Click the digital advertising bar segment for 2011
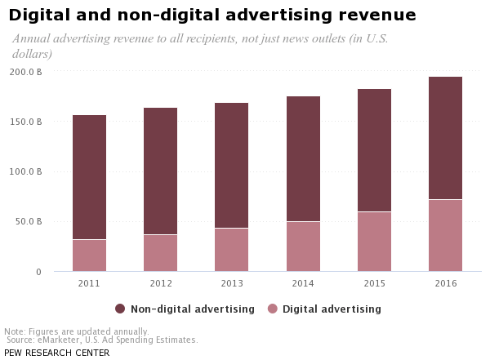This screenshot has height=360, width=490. pyautogui.click(x=89, y=256)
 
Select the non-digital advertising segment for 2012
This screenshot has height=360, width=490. pyautogui.click(x=160, y=171)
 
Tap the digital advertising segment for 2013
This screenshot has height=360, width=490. pyautogui.click(x=231, y=250)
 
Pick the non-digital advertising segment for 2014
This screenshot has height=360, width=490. pyautogui.click(x=302, y=159)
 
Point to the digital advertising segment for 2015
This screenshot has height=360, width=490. pyautogui.click(x=374, y=242)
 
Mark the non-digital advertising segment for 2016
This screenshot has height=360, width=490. pyautogui.click(x=445, y=138)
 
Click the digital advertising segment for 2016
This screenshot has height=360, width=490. pyautogui.click(x=445, y=236)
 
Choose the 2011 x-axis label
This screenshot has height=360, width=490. pyautogui.click(x=89, y=283)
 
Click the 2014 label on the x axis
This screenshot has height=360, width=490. pyautogui.click(x=302, y=283)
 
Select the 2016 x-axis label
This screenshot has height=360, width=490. pyautogui.click(x=445, y=283)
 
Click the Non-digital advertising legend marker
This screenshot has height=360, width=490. pyautogui.click(x=120, y=309)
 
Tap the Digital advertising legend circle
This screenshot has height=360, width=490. pyautogui.click(x=273, y=309)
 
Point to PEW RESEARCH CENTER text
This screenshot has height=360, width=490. pyautogui.click(x=56, y=353)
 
